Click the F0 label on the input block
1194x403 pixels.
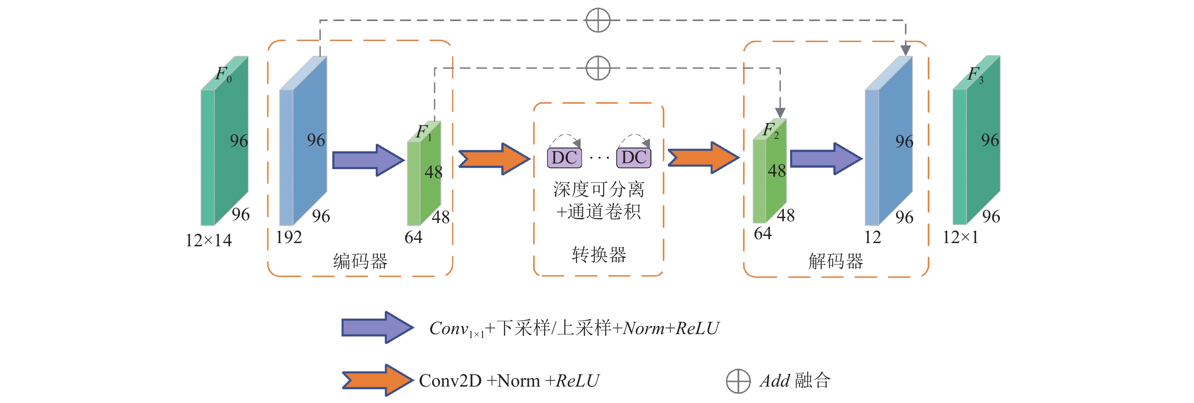224,74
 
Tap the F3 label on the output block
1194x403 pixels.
975,75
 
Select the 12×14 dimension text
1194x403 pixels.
209,240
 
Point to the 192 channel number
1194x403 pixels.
289,237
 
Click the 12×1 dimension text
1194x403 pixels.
960,237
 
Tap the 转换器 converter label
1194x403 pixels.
599,255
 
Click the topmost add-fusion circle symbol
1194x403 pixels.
598,20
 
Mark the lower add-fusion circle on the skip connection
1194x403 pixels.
598,68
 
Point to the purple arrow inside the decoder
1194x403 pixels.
826,158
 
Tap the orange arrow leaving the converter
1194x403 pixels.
703,158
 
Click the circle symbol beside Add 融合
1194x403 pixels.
738,381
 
